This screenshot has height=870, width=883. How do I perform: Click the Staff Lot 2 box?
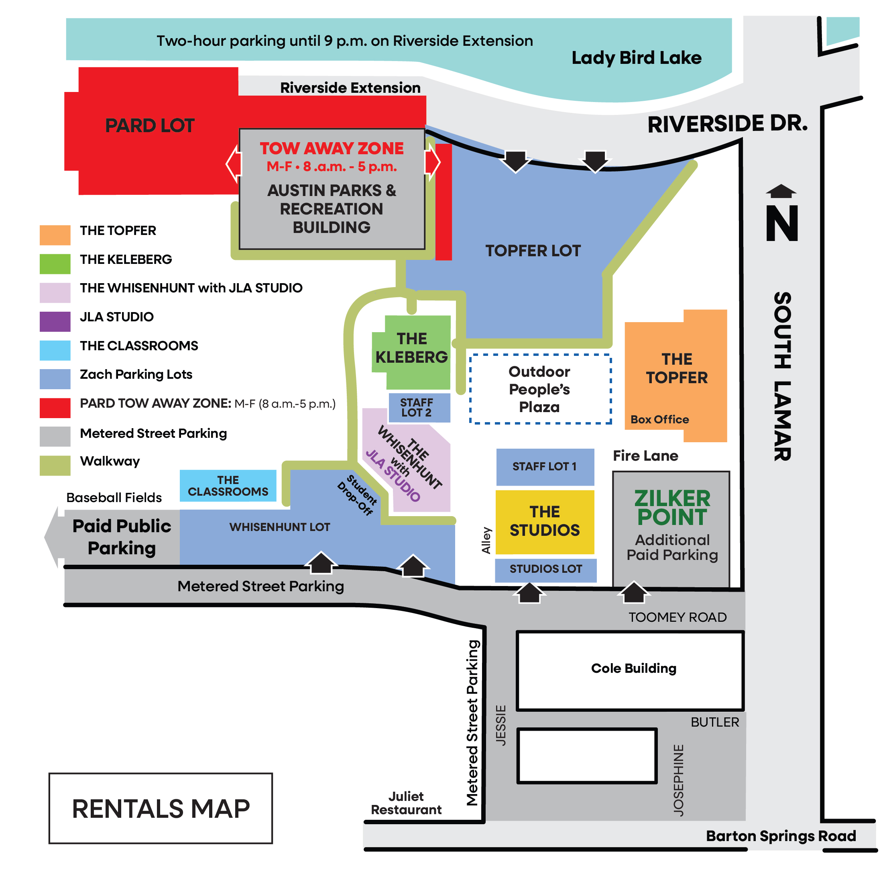coord(419,408)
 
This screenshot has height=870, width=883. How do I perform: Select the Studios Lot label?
coord(545,569)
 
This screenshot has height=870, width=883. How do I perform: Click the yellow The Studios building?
coord(545,521)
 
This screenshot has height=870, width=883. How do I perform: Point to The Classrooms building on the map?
coord(228,486)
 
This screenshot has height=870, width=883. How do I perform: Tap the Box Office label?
coord(660,419)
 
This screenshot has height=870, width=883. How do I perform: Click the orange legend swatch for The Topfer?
coord(55,235)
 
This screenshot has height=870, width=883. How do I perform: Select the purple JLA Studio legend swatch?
coord(55,321)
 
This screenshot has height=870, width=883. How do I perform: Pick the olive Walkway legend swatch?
coord(55,466)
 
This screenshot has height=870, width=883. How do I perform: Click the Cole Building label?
coord(633,668)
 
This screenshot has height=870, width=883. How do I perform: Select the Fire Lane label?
coord(645,456)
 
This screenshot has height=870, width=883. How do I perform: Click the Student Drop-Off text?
coord(358,495)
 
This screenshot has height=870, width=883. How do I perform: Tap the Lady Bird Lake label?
coord(637,58)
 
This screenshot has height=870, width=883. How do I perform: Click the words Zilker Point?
coord(672,508)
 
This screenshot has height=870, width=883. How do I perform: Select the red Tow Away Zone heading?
coord(332,149)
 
